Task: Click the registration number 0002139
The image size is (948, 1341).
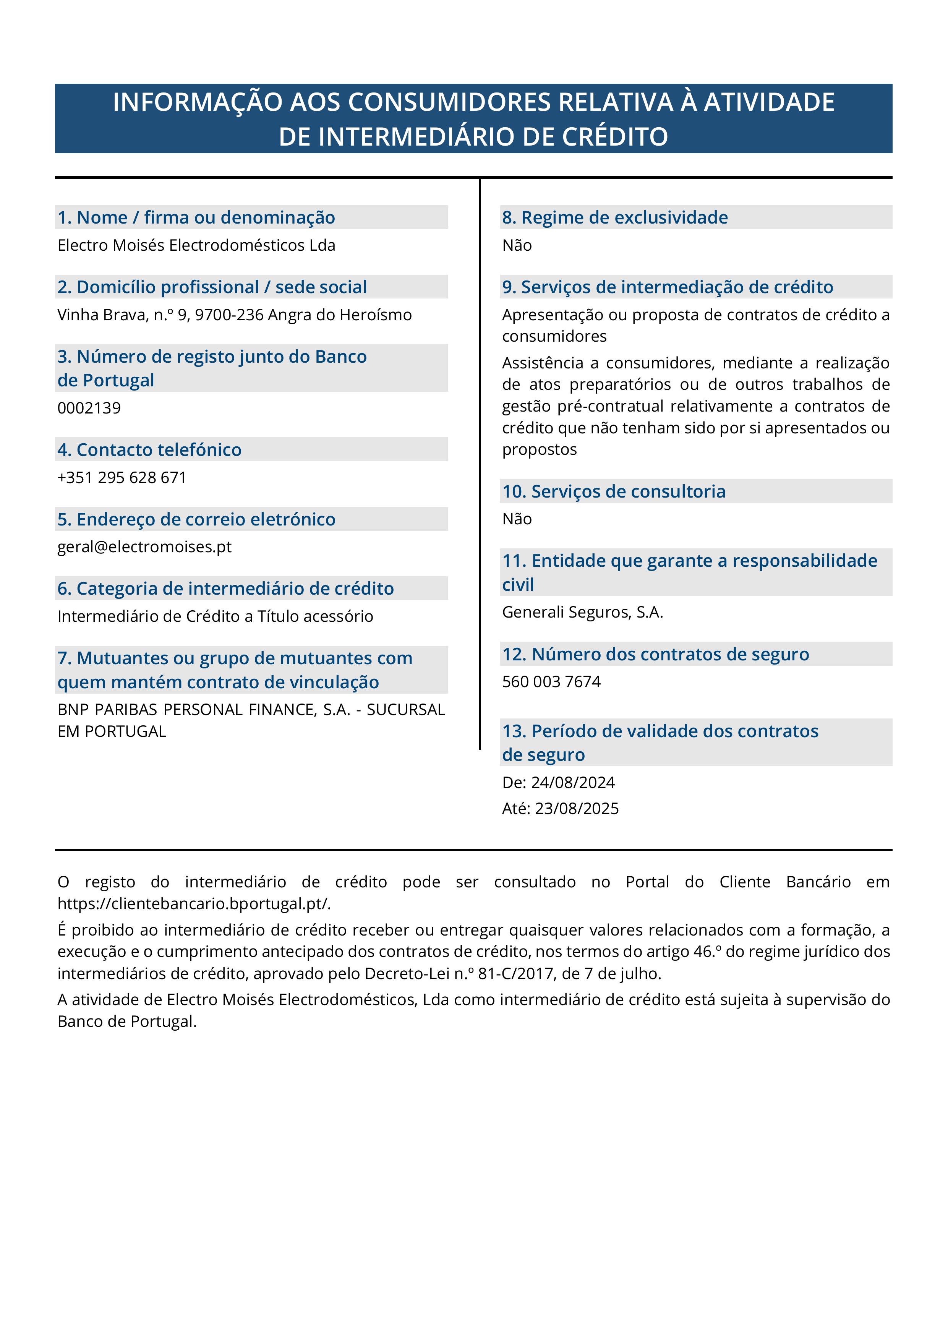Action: pos(89,408)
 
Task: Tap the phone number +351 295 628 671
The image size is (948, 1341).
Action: pos(122,477)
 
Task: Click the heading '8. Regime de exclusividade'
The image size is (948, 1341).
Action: pos(614,217)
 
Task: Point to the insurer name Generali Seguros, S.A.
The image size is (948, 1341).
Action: pos(582,612)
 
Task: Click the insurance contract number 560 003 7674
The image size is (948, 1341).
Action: pos(551,682)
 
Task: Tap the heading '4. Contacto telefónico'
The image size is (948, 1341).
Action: pos(149,450)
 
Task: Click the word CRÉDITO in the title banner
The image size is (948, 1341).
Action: pos(615,137)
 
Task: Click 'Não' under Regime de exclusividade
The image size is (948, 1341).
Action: pos(517,245)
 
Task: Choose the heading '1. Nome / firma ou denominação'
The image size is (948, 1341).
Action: pos(196,217)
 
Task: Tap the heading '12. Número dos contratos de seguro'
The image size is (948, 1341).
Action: pos(655,654)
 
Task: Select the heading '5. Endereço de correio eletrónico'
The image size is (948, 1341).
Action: pos(196,519)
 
